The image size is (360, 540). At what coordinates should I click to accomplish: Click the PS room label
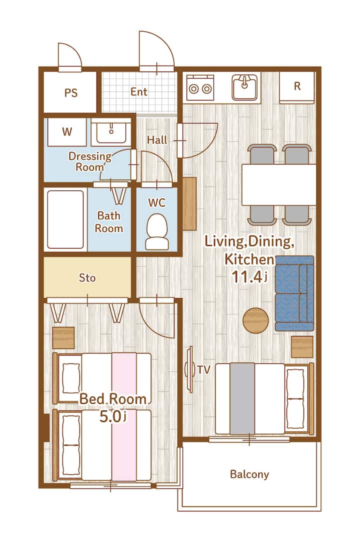[71, 92]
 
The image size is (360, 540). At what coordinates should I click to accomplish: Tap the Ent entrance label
[139, 91]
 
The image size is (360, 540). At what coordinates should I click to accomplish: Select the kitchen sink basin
[244, 87]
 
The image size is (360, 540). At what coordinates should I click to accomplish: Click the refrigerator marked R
[297, 87]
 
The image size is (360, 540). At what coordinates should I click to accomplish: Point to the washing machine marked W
[67, 132]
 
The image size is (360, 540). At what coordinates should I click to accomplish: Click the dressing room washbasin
[111, 132]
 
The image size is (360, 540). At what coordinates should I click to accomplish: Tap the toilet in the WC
[157, 231]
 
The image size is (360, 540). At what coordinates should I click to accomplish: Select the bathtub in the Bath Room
[65, 219]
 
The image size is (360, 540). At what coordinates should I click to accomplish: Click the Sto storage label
[87, 277]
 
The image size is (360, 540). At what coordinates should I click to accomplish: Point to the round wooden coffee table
[255, 320]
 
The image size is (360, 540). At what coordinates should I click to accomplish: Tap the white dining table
[279, 184]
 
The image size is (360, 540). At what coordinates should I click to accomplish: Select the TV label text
[203, 370]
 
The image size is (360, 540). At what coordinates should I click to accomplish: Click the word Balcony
[249, 474]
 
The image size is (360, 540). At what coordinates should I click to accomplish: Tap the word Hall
[157, 140]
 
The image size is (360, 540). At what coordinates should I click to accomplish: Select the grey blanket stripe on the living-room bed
[242, 398]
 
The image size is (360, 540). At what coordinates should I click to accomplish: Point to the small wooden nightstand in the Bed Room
[63, 338]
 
